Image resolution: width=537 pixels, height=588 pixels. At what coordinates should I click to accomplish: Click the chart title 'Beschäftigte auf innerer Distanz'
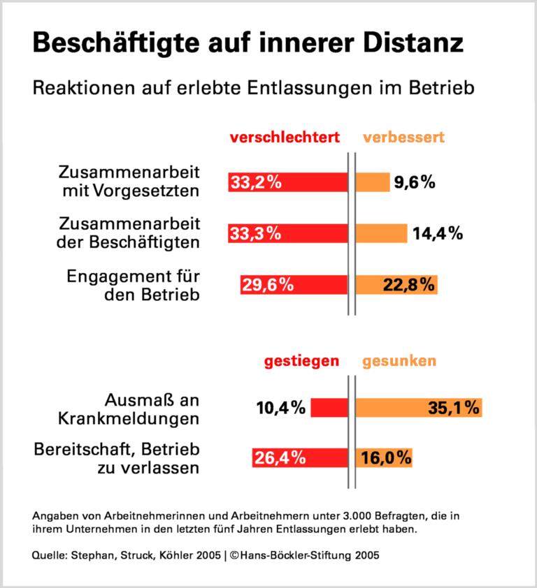click(x=248, y=43)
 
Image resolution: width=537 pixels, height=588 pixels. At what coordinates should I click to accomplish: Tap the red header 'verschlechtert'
click(x=285, y=138)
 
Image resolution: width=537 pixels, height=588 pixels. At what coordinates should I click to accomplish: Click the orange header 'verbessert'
click(x=403, y=138)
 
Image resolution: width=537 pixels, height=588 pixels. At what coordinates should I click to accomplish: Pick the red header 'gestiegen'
click(x=301, y=361)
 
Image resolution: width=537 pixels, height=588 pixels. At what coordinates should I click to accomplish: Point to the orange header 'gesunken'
click(x=399, y=361)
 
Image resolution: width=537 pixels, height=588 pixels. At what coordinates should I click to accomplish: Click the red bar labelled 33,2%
click(x=287, y=182)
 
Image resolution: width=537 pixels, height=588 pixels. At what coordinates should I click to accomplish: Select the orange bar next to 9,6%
click(x=373, y=182)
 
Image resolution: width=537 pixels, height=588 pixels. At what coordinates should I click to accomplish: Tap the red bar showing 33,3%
click(x=287, y=233)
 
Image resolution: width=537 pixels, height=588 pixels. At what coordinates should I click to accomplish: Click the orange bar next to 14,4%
click(x=381, y=233)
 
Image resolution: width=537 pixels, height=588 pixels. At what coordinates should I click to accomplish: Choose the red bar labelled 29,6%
click(x=294, y=284)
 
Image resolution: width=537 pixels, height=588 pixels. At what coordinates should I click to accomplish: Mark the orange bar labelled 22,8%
click(x=396, y=284)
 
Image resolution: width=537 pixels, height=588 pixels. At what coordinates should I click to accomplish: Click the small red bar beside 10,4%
click(x=329, y=407)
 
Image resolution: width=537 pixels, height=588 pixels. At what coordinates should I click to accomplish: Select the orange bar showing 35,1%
click(x=419, y=407)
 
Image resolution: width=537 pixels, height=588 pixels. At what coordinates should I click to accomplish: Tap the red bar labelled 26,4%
click(x=300, y=458)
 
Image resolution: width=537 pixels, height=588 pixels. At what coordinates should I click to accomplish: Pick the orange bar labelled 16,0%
click(x=384, y=458)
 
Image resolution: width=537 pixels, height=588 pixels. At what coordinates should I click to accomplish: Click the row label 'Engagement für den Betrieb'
click(x=133, y=284)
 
